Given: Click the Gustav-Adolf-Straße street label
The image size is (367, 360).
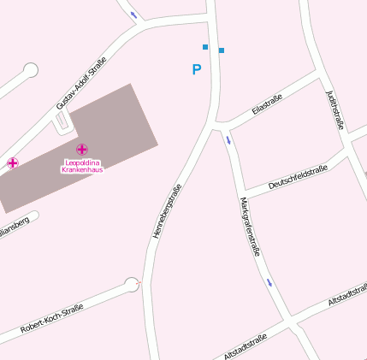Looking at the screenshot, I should [x=80, y=83].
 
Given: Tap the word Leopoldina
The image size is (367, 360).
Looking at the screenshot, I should [x=81, y=162].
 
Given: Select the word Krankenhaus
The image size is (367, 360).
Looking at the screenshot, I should [x=81, y=170].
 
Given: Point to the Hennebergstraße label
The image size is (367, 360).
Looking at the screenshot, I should [x=166, y=210].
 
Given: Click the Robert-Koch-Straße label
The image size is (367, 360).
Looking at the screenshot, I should [x=52, y=317].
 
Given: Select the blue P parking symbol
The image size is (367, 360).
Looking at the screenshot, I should [x=196, y=69].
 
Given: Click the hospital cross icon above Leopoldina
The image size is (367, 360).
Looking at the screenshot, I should [x=81, y=150].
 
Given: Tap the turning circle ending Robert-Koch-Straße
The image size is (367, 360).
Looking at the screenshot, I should [x=132, y=284].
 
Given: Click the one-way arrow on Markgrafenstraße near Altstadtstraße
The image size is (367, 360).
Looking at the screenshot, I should [x=269, y=281].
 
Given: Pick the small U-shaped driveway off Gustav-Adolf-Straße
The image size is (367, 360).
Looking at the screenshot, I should [x=62, y=125].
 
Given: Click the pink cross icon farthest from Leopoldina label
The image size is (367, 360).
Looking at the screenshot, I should [x=13, y=162].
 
